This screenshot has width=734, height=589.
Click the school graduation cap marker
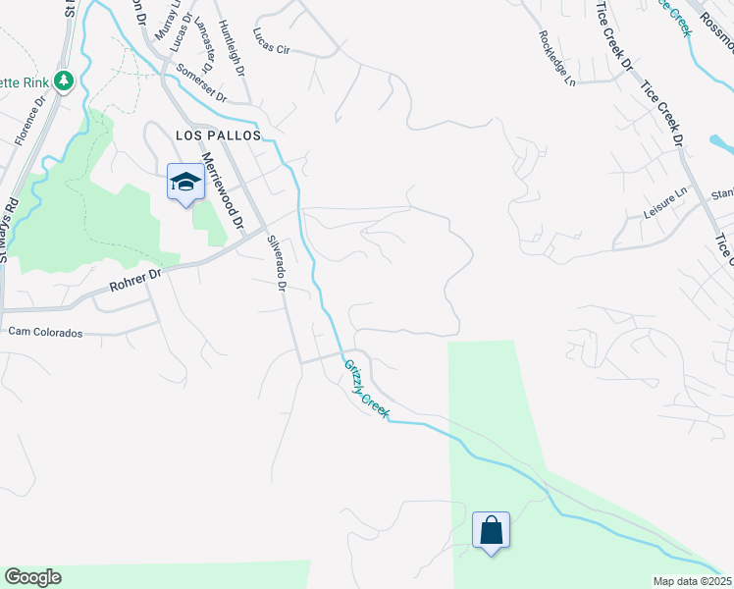[184, 182]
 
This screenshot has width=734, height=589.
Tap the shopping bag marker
[491, 531]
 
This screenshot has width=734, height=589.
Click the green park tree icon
[65, 80]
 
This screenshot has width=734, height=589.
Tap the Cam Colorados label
[45, 332]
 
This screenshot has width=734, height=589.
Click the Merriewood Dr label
[223, 192]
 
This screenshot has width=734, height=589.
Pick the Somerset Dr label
[201, 84]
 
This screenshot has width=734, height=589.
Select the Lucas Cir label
[272, 41]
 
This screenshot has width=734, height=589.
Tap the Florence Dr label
[30, 120]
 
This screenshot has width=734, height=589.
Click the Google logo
[32, 577]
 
